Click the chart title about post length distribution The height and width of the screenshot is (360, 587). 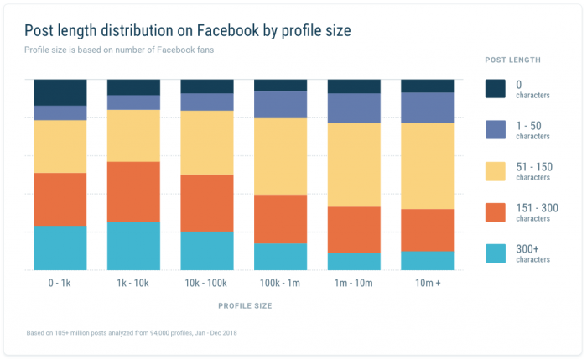tap(187, 31)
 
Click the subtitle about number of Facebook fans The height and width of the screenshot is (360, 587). tap(119, 49)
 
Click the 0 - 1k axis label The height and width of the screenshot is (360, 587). tap(60, 284)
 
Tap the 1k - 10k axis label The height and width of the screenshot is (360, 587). tap(133, 284)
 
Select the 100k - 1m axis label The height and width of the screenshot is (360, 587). tap(280, 284)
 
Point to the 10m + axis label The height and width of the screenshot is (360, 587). tap(427, 284)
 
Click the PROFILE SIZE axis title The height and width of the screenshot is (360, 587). tap(244, 306)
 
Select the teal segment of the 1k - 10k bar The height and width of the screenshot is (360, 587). tap(133, 246)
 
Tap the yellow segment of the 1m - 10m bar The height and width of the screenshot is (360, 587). tap(354, 164)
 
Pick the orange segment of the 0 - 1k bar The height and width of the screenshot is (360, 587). tap(60, 199)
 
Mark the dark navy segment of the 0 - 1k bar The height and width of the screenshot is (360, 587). tap(60, 92)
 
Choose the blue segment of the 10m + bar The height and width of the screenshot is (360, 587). tap(427, 107)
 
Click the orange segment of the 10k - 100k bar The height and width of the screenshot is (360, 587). tap(207, 202)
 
